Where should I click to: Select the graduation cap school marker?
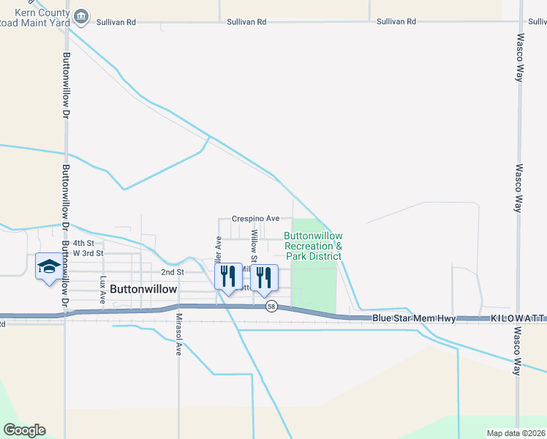coord(48,266)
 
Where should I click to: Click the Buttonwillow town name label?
coord(143,289)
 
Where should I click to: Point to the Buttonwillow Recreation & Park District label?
coord(313,246)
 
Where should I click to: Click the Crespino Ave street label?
coord(256,218)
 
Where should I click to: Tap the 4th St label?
coord(83,242)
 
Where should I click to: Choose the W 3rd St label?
coord(88,253)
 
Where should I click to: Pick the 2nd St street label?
coord(172,271)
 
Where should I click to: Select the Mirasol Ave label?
coord(178,334)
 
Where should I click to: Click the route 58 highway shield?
coord(271,306)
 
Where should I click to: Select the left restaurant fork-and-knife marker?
coord(227,277)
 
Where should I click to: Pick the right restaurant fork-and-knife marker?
coord(263,277)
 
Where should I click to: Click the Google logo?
coord(24,430)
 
